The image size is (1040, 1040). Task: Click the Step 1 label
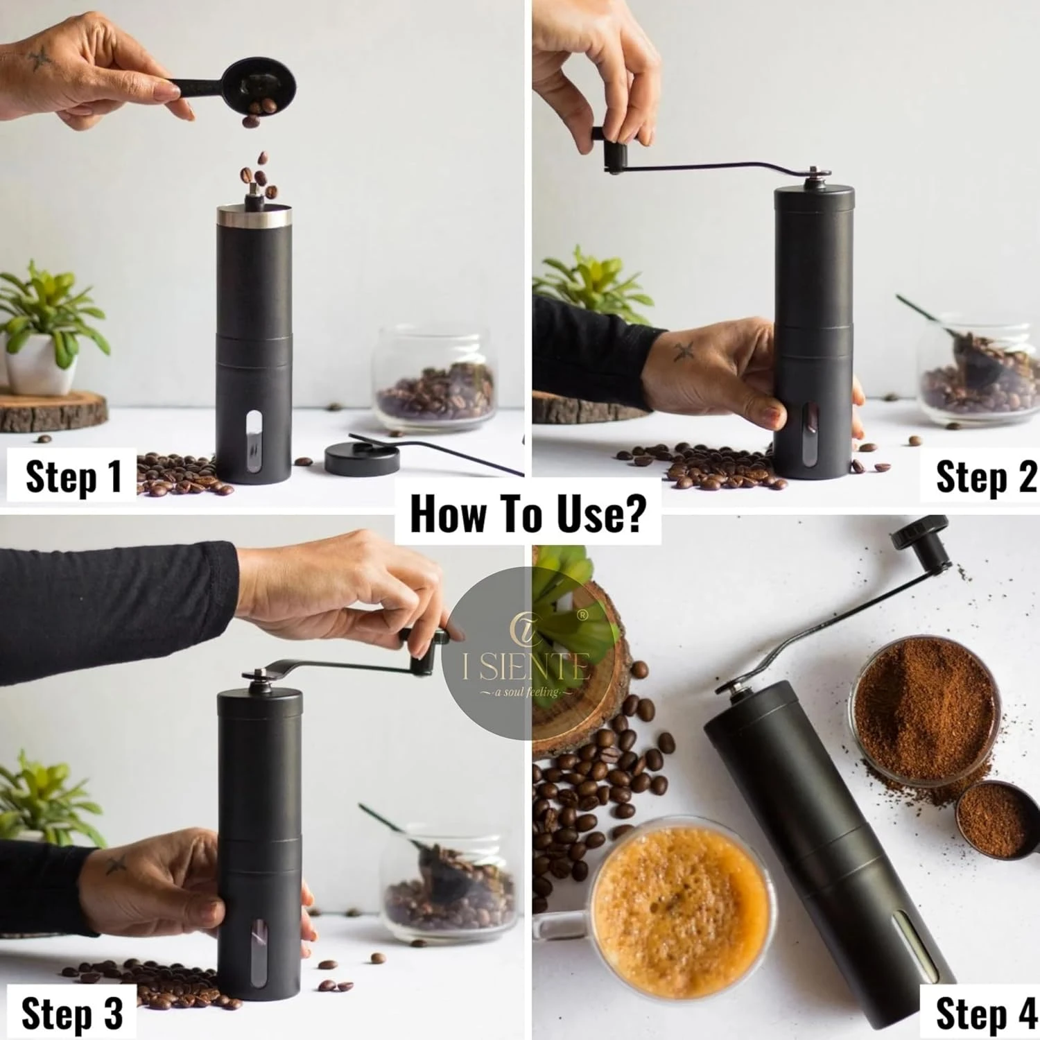point(73,476)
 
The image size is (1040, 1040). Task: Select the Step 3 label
point(72,1014)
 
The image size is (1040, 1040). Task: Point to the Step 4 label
point(985,1014)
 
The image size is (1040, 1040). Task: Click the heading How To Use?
point(528,514)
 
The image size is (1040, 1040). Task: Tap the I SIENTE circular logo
point(527,653)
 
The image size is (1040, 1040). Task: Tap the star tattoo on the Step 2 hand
point(684,352)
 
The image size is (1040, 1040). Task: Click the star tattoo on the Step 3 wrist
point(116,863)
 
